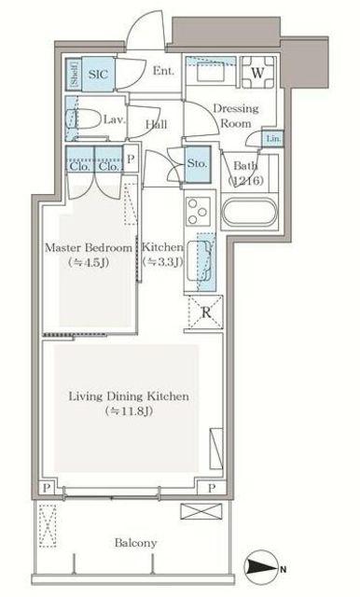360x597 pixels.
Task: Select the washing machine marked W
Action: pyautogui.click(x=258, y=73)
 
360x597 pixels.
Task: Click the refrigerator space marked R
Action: pyautogui.click(x=205, y=312)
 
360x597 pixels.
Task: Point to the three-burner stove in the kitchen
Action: pyautogui.click(x=199, y=212)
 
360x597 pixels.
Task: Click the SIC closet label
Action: pyautogui.click(x=98, y=74)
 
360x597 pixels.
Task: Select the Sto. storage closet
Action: pyautogui.click(x=198, y=164)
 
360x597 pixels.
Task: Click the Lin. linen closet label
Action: pyautogui.click(x=273, y=139)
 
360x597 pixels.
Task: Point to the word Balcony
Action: pyautogui.click(x=136, y=543)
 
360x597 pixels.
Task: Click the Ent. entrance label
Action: pyautogui.click(x=163, y=71)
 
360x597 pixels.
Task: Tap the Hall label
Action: pyautogui.click(x=157, y=124)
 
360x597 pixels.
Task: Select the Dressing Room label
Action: pyautogui.click(x=236, y=116)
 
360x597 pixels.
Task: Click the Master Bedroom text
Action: pyautogui.click(x=89, y=248)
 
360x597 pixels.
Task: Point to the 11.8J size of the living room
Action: pyautogui.click(x=130, y=411)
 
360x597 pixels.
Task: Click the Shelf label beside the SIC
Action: pyautogui.click(x=75, y=74)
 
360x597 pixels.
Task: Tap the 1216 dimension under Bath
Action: pyautogui.click(x=246, y=180)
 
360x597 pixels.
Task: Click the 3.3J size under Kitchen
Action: pyautogui.click(x=162, y=262)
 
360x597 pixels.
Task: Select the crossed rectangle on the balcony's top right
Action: pyautogui.click(x=201, y=511)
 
